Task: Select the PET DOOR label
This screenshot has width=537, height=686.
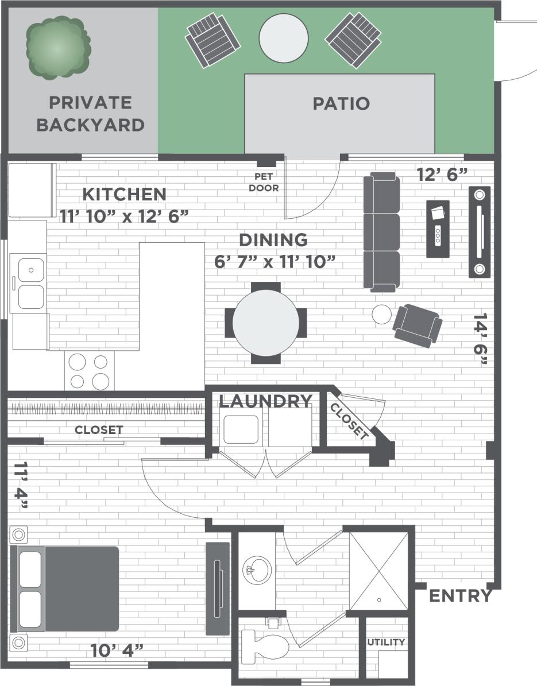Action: (264, 183)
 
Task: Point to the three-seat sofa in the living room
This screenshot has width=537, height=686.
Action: (381, 232)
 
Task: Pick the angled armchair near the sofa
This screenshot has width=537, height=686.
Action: (418, 325)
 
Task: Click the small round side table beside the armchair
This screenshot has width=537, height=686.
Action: (381, 314)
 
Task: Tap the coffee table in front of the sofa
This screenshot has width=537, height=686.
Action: (439, 229)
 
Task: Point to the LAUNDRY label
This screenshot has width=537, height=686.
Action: (265, 401)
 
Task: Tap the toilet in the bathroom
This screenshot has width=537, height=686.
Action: (265, 645)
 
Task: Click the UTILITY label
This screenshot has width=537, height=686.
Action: (386, 642)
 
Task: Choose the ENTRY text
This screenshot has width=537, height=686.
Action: (461, 596)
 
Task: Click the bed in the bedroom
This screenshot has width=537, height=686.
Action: (65, 588)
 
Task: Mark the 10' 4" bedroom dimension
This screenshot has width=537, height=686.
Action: (117, 650)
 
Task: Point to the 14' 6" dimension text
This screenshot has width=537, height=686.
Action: (481, 339)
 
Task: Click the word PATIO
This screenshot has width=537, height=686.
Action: (341, 104)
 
